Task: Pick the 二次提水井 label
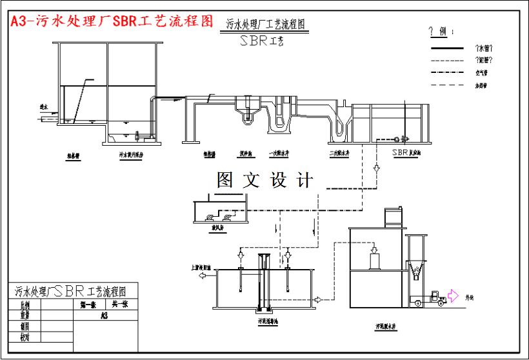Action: [x=339, y=154]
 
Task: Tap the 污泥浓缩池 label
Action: [x=267, y=319]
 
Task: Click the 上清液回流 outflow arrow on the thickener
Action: [x=203, y=275]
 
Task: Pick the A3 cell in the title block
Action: [x=104, y=315]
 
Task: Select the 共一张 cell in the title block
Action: [x=119, y=305]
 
